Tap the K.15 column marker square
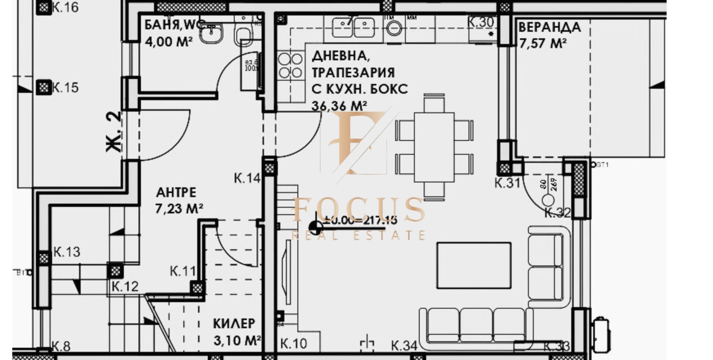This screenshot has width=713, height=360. click(43, 87)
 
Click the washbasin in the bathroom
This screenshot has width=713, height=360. click(211, 33)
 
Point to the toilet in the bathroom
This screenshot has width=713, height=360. click(243, 35)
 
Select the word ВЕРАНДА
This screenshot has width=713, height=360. click(549, 27)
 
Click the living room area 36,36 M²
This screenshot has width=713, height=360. click(339, 106)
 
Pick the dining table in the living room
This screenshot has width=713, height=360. click(434, 147)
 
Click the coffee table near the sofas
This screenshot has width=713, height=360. click(474, 266)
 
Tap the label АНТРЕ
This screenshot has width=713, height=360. click(176, 192)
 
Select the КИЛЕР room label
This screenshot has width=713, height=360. click(234, 323)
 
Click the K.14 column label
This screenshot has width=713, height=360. click(247, 178)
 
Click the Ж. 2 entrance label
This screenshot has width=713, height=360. click(114, 131)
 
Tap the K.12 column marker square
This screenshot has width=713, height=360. click(115, 270)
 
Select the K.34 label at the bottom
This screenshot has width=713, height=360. click(404, 346)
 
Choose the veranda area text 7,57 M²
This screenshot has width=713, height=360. click(543, 44)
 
